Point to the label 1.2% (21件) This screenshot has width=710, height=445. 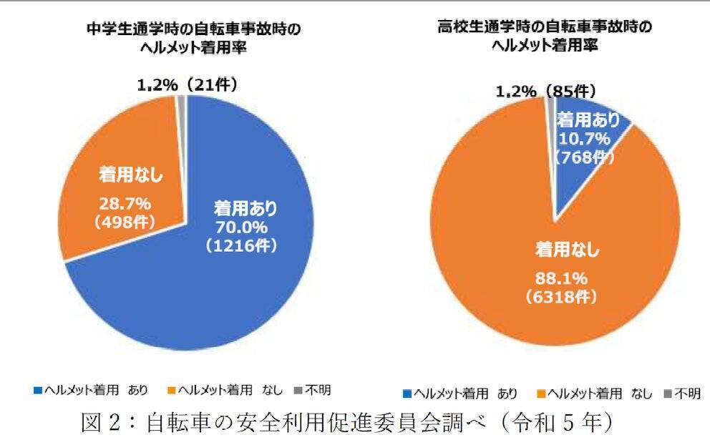click(187, 85)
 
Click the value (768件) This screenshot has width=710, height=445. click(585, 158)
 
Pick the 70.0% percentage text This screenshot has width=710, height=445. click(245, 228)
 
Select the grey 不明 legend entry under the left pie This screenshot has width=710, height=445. click(313, 390)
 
